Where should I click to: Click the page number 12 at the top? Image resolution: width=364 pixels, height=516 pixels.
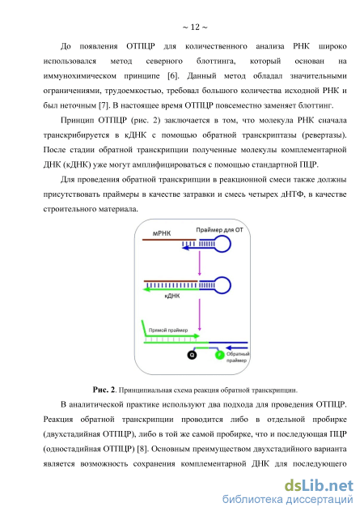(x=195, y=27)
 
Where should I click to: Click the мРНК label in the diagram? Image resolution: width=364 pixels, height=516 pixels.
(x=161, y=233)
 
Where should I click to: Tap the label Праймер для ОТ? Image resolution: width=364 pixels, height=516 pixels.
(x=219, y=230)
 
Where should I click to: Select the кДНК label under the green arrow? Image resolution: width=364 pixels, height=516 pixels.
(x=172, y=296)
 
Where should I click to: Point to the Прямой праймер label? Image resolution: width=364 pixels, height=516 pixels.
(x=168, y=330)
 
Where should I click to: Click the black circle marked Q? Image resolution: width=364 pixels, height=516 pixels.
(x=192, y=355)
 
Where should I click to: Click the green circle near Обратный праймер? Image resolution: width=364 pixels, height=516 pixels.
(x=220, y=355)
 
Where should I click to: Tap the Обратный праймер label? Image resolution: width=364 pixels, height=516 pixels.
(x=238, y=357)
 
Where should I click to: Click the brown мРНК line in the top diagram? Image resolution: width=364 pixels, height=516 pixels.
(x=169, y=240)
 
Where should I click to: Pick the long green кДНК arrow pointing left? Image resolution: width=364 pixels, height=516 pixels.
(x=171, y=289)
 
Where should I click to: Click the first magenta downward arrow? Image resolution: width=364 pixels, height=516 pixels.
(x=199, y=264)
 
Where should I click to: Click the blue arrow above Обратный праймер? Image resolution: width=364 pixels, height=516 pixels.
(x=237, y=348)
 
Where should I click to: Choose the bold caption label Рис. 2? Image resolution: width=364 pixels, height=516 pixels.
(x=104, y=390)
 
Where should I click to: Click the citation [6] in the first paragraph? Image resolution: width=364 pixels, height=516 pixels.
(x=173, y=75)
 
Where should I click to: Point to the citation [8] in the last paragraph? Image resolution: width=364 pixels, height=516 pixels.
(x=142, y=449)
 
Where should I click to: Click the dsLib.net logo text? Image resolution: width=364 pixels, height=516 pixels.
(x=319, y=485)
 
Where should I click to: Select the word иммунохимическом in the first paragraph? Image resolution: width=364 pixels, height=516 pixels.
(x=80, y=76)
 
